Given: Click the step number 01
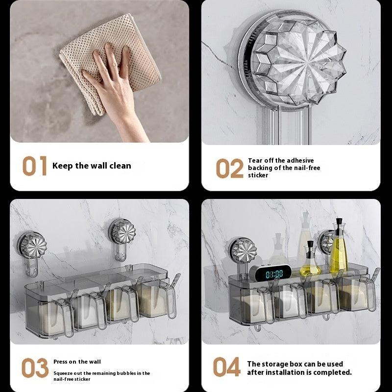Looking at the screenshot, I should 34,166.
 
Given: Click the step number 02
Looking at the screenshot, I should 229,169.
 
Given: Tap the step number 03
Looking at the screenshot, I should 35,367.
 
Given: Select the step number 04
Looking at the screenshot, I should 227,367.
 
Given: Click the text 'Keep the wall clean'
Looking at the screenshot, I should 92,166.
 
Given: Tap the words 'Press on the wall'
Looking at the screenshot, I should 77,362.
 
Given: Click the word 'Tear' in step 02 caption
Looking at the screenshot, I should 255,160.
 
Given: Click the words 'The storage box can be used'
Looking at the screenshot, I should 295,364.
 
